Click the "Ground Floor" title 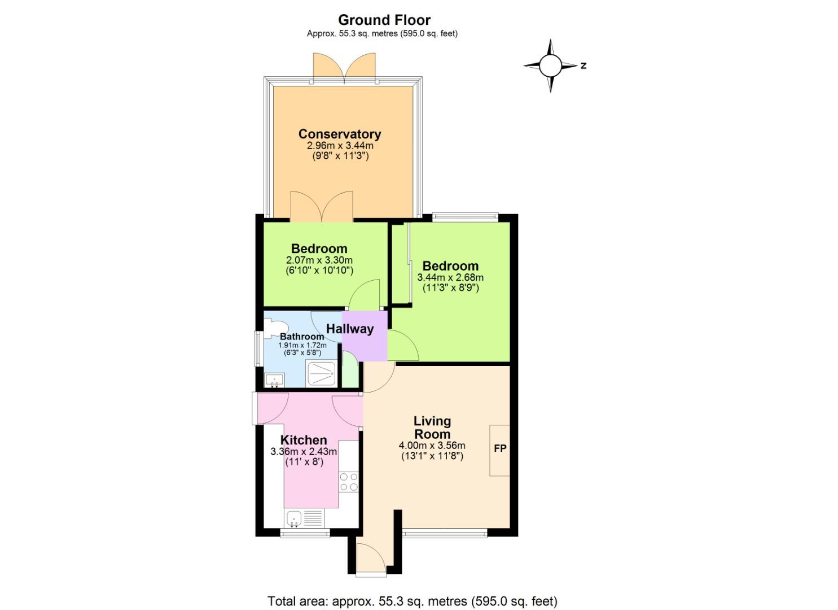tap(384, 20)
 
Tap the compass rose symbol tap(550, 66)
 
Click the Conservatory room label tap(340, 134)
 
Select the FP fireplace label tap(500, 449)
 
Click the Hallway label tap(350, 329)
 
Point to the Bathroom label tap(302, 337)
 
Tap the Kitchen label tap(304, 440)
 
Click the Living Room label tap(432, 428)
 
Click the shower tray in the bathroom tap(322, 374)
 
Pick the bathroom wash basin tap(275, 380)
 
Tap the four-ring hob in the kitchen tap(349, 481)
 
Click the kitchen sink tap(294, 518)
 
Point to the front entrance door tap(371, 559)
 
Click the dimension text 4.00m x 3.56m tap(432, 446)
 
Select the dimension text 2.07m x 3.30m tap(319, 260)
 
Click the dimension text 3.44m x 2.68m tap(450, 278)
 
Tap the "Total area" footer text tap(412, 600)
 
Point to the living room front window tap(445, 532)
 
